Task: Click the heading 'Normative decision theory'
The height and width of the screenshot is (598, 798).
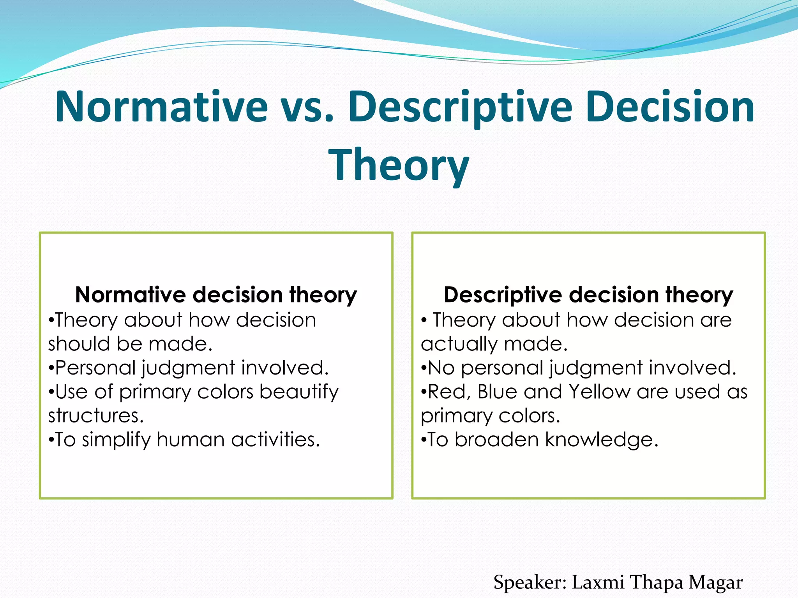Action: coord(216,295)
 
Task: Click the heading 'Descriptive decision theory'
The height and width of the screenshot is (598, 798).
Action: coord(588,295)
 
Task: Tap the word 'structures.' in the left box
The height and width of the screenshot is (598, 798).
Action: coord(96,416)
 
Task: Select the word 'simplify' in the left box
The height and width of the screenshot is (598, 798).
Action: coord(116,440)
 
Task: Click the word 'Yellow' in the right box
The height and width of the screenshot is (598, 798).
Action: coord(599,392)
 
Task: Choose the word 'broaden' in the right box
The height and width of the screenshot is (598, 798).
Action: coord(496,440)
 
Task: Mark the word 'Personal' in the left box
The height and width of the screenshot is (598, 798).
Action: coord(95,368)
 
